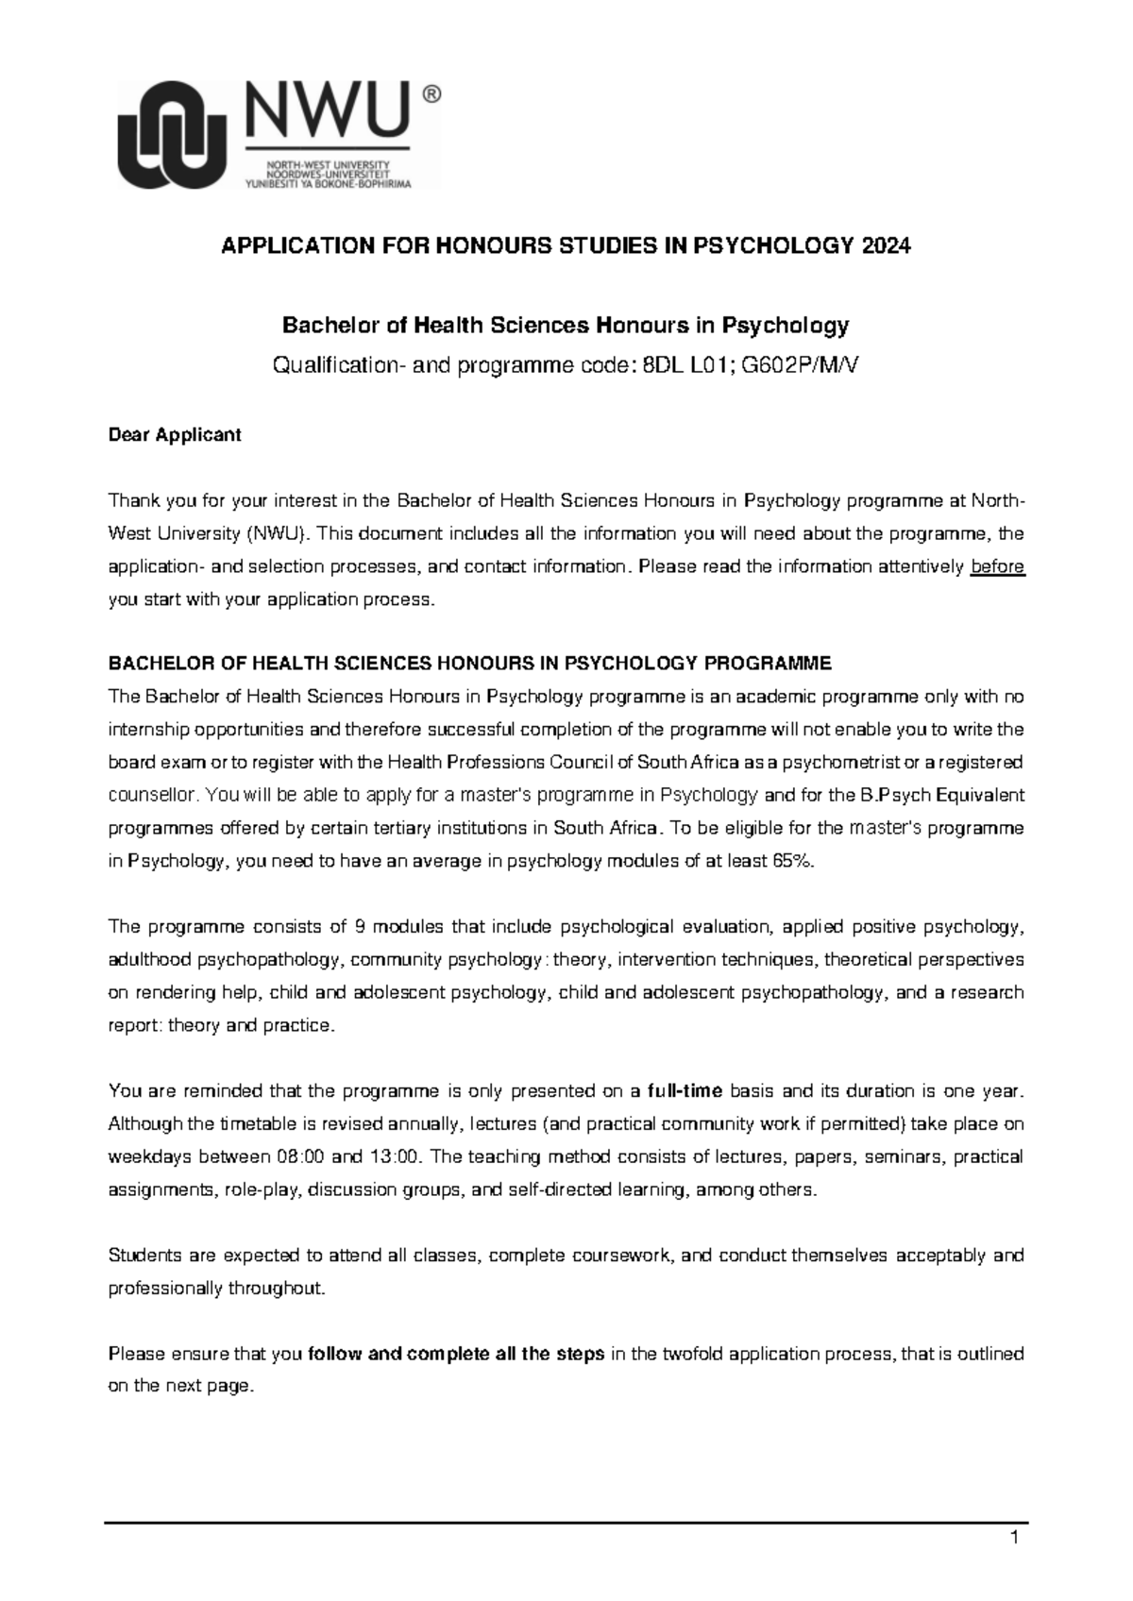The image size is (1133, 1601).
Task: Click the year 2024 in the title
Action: [887, 246]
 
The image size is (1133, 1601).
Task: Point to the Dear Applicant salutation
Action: [175, 435]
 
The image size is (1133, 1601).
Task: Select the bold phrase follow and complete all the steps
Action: [456, 1355]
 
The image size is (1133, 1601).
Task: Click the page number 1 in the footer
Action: [1014, 1541]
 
